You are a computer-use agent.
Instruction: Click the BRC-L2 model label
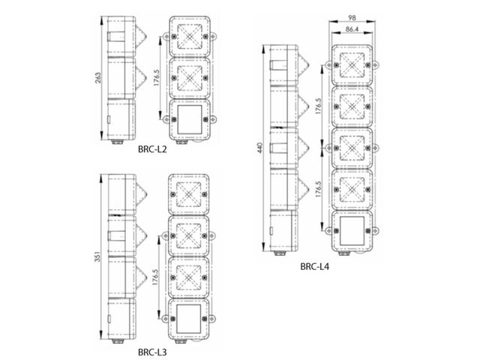(x=152, y=149)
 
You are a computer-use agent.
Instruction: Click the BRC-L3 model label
(x=152, y=352)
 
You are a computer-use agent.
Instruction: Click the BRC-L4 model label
(x=314, y=267)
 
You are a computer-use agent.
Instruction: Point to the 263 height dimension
(x=98, y=78)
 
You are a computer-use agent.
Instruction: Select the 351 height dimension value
(x=97, y=256)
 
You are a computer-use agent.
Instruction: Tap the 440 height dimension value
(x=260, y=148)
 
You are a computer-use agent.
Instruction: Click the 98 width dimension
(x=352, y=18)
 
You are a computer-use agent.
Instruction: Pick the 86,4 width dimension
(x=352, y=29)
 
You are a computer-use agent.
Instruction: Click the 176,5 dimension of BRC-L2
(x=157, y=77)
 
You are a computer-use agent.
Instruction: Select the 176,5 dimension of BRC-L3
(x=155, y=277)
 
